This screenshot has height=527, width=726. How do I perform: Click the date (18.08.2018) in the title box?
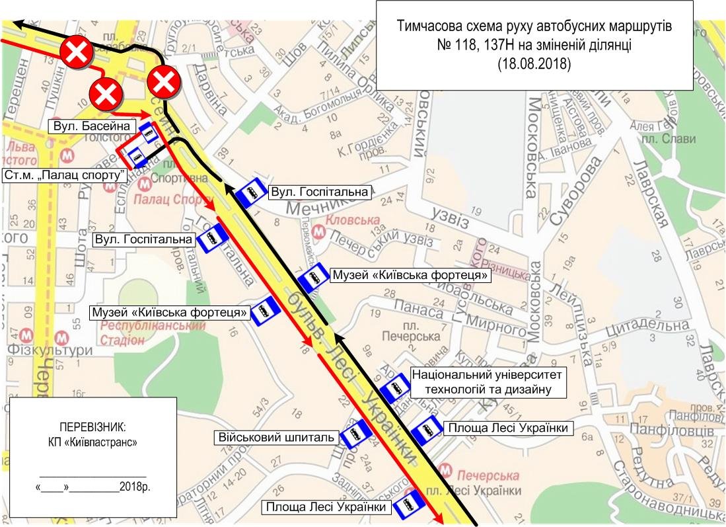(534, 65)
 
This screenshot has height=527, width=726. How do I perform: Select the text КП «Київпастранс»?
(92, 441)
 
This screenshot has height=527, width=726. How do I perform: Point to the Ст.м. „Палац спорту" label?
(65, 175)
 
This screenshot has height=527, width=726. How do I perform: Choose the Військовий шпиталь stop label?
(277, 437)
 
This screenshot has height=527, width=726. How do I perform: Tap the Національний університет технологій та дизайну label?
(489, 382)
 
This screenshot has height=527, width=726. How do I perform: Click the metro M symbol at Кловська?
(318, 232)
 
